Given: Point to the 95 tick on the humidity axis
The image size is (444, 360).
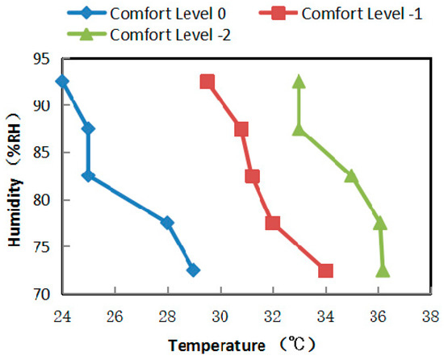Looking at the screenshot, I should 42,58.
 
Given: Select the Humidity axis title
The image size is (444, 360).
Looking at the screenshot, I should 14,176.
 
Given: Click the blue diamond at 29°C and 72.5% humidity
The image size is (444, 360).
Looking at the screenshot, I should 193,270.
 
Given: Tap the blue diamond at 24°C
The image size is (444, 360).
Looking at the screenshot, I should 61,82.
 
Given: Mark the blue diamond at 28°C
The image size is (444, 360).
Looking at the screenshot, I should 167,223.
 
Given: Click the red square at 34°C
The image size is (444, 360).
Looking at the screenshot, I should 325,270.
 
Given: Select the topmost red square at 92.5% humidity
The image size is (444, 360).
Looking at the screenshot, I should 207,82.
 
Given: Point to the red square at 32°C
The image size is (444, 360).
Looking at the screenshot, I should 273,223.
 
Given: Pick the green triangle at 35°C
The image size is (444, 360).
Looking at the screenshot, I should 351,176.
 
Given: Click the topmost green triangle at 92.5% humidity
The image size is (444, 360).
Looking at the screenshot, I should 299,82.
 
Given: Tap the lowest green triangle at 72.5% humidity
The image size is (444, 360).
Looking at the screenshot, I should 383,270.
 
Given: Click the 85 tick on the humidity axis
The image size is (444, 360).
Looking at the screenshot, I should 42,153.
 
